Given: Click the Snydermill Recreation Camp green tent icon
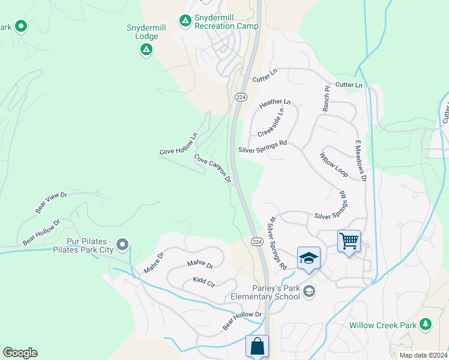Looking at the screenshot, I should [185, 21].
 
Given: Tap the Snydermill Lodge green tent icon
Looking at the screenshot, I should [146, 50].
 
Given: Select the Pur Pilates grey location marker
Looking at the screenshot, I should [122, 244].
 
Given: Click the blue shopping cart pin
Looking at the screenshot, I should [349, 241].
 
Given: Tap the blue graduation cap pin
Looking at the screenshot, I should [309, 258].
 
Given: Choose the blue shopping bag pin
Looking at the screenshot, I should [257, 346].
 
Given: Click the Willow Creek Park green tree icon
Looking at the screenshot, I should [426, 324].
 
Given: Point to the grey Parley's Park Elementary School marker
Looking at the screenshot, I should [309, 292].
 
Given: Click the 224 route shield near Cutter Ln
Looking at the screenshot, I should [240, 97].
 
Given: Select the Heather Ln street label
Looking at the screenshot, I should [274, 104].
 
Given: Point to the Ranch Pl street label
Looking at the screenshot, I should [327, 98].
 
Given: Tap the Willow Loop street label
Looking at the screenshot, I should [334, 164].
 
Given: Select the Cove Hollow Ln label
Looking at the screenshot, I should [178, 144].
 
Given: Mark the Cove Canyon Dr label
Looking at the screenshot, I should [212, 168].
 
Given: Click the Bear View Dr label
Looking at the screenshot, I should [51, 203].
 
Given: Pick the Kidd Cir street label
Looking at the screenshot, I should [204, 281].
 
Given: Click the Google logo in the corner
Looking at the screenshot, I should [20, 352].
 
